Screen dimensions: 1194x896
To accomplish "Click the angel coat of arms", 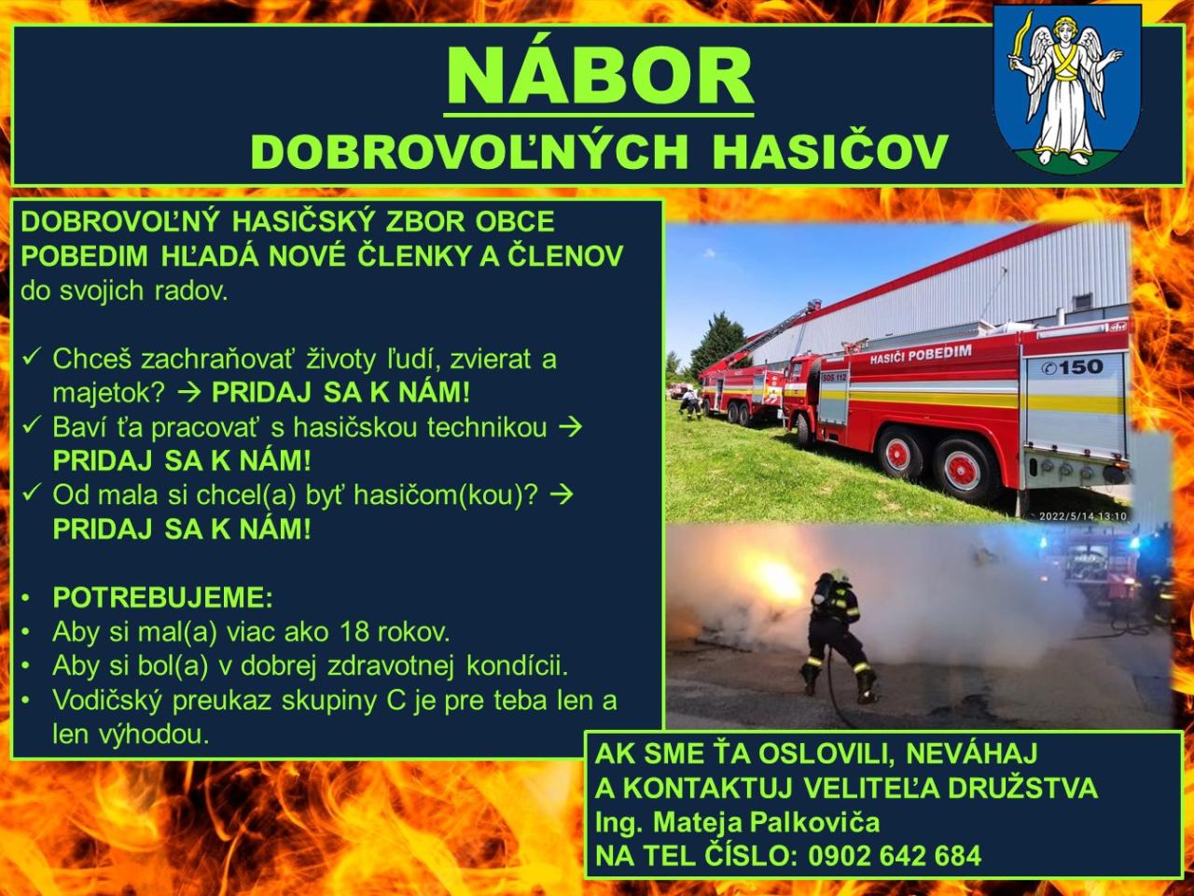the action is [1068, 87].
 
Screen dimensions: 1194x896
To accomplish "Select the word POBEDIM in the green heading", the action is [84, 256].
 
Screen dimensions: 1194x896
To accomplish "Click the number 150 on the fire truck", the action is [1080, 367].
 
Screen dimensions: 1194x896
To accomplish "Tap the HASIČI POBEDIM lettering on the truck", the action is [921, 354].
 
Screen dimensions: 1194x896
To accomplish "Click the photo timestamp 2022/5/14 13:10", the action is [1082, 516].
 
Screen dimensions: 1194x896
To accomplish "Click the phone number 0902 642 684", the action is [895, 855].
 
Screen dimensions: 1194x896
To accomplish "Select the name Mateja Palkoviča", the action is [766, 821].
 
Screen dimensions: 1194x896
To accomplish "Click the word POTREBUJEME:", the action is [162, 597].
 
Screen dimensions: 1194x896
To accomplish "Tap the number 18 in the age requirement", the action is [354, 632].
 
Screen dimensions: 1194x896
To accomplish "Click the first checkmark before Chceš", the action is [32, 357].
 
